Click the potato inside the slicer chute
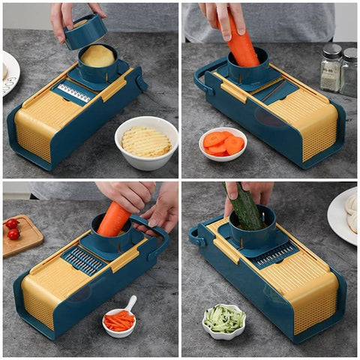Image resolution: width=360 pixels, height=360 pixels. point(98,55)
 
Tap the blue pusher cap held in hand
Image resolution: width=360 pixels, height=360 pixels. point(85,31)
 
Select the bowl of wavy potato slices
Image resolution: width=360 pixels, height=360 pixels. point(146,142)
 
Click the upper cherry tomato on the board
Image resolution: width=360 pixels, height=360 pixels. point(11,223)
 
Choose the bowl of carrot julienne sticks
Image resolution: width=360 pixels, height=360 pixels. point(118,321)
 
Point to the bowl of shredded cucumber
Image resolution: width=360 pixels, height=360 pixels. point(223,319)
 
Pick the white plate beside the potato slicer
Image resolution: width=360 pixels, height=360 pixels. point(9,72)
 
